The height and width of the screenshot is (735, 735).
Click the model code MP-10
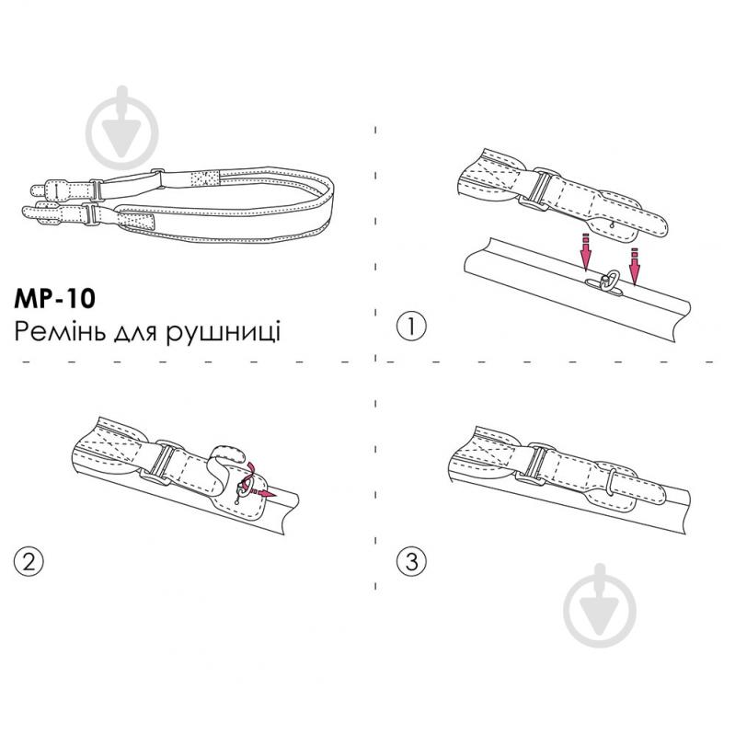click(54, 299)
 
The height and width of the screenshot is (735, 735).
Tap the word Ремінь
click(60, 331)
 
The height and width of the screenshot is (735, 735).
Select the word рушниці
click(224, 333)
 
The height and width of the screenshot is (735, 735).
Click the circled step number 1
click(411, 327)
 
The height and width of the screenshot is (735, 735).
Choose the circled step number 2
click(29, 560)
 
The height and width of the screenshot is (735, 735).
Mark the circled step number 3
click(411, 560)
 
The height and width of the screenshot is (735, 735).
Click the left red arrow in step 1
click(585, 252)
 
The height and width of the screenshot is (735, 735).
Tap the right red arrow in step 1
click(634, 266)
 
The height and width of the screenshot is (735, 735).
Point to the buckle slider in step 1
click(539, 189)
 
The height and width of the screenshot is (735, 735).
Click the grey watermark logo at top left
click(121, 128)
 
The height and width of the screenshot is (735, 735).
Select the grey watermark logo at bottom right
click(600, 605)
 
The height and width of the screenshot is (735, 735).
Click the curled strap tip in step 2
click(228, 453)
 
